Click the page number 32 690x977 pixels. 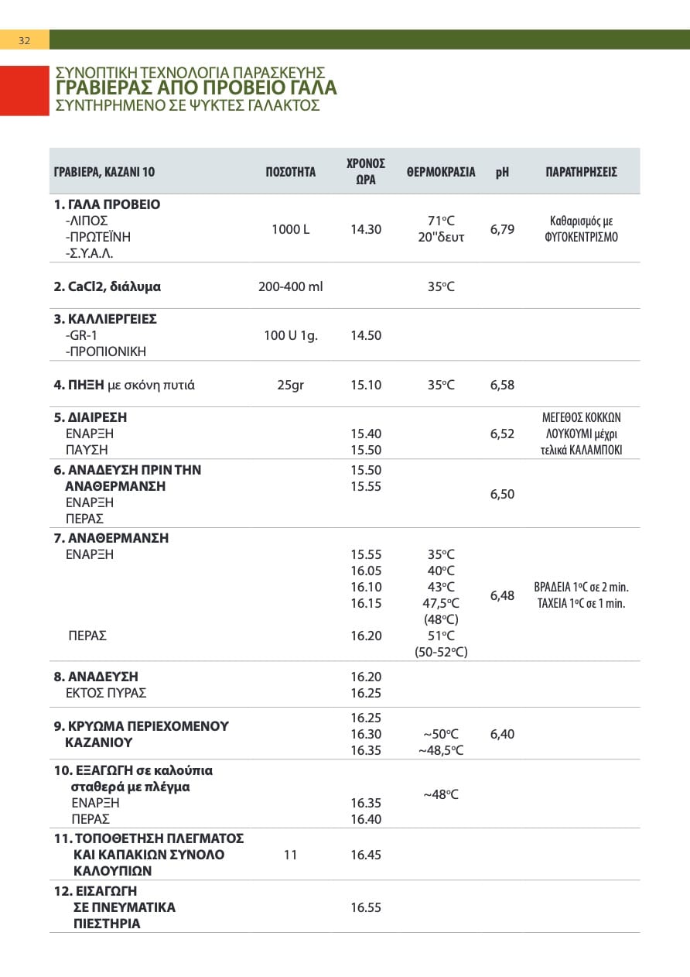(x=24, y=40)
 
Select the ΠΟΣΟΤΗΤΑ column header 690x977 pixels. (x=290, y=172)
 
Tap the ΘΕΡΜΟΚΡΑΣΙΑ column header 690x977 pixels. (x=441, y=172)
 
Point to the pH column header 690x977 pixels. (x=502, y=172)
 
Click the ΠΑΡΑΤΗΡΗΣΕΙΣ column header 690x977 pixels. (x=581, y=172)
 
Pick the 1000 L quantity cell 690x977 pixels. (x=290, y=229)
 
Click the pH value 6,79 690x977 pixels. (x=502, y=229)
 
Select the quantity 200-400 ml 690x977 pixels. (x=290, y=286)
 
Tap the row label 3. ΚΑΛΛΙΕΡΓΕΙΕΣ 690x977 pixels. (x=105, y=319)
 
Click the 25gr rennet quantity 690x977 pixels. (x=290, y=385)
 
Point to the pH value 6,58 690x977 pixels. (x=502, y=385)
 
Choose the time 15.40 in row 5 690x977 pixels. (x=366, y=434)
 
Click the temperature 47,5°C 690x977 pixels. (x=441, y=603)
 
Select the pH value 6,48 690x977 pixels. (x=502, y=595)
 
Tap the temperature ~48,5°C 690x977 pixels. (x=441, y=750)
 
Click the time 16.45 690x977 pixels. (x=366, y=855)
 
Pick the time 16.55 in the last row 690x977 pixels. (x=366, y=907)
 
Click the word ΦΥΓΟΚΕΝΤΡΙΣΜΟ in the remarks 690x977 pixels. (x=581, y=238)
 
